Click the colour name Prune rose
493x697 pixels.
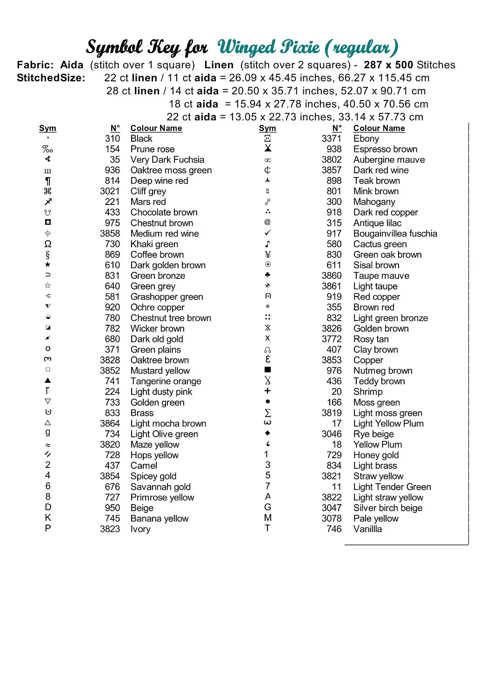pos(152,149)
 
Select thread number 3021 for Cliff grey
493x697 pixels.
pos(110,191)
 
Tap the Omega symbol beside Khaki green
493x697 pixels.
pos(48,244)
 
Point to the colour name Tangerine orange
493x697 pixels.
pos(166,381)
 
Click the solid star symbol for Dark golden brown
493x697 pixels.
pos(48,265)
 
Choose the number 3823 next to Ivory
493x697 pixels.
pos(110,529)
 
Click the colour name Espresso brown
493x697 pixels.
pos(385,149)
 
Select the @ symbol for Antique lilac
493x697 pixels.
pos(267,223)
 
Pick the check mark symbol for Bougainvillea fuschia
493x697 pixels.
pos(267,233)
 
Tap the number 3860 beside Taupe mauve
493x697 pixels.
pos(331,276)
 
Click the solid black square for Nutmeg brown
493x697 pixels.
pos(267,370)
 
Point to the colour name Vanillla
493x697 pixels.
pos(367,529)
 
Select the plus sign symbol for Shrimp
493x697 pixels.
pos(267,391)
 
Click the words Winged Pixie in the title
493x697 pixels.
pos(268,47)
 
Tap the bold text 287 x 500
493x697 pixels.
pos(388,65)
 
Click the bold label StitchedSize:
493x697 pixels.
pos(51,78)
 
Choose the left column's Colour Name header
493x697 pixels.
pos(156,128)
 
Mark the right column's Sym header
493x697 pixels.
pos(267,128)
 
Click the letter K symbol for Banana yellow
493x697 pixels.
pos(48,518)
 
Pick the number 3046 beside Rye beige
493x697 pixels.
pos(331,434)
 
